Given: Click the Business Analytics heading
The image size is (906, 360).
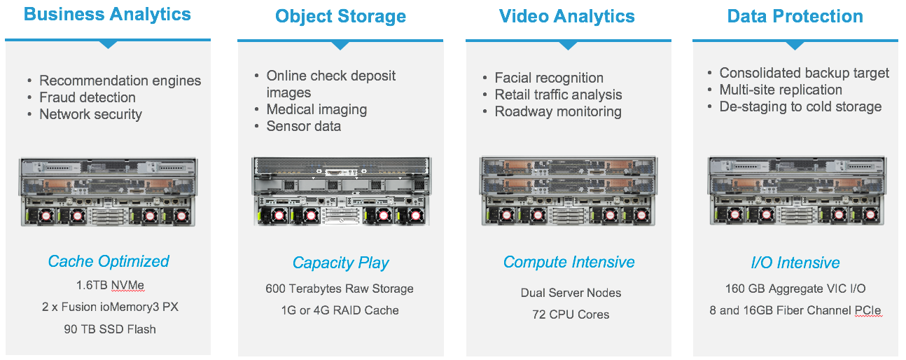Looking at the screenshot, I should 107,14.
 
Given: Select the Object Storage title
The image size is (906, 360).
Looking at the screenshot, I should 340,17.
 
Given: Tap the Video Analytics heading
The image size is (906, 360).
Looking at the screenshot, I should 567,17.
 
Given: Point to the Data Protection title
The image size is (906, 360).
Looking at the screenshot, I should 795,17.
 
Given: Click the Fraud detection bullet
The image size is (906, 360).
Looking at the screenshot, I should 88,97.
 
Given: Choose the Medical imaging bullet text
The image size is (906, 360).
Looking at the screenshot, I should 316,109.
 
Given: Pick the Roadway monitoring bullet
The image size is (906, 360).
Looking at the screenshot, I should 558,111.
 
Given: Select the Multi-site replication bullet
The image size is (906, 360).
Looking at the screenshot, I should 781,90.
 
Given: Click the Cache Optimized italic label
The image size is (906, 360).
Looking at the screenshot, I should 109,261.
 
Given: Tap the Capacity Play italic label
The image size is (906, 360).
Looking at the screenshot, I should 340,263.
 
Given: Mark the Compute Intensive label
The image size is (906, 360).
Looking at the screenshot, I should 569,262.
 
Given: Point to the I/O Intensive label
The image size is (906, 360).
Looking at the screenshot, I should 795,263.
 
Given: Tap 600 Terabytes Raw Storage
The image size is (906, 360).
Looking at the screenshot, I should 340,289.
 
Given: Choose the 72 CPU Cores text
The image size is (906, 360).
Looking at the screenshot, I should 571,314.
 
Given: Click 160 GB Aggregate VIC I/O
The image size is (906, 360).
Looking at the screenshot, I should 795,289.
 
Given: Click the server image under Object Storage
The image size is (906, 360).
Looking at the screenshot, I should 340,191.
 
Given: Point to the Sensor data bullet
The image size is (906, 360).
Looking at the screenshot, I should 304,126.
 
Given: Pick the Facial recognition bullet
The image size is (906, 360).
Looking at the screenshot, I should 549,78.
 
